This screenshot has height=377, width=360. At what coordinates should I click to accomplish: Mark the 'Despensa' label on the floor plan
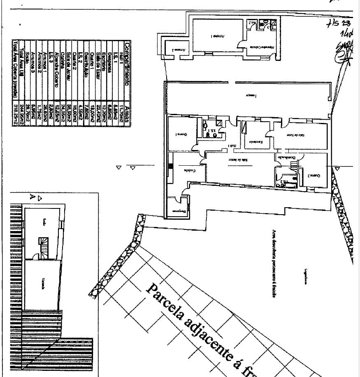click(x=179, y=211)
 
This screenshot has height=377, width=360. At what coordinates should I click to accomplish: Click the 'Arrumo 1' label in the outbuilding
click(x=217, y=36)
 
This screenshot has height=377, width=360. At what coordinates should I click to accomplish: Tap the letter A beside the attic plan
click(x=32, y=197)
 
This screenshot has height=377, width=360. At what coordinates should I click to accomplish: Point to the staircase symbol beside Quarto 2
click(x=293, y=165)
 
